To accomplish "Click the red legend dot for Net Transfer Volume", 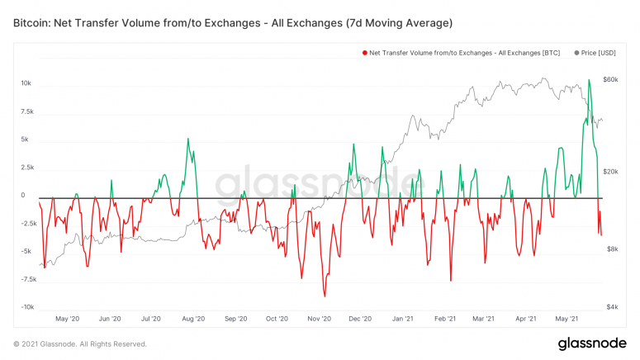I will click(x=364, y=54).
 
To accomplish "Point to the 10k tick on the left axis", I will click(x=26, y=84).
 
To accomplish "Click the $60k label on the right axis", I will click(x=611, y=80).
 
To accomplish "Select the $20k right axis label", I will click(x=611, y=172).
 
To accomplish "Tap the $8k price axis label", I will click(x=611, y=249).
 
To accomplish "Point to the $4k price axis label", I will click(x=611, y=307).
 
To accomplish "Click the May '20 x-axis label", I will click(x=67, y=318).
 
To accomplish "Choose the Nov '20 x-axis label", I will click(x=319, y=318).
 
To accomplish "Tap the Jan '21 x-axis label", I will click(x=403, y=318).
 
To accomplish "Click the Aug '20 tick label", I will click(x=193, y=318).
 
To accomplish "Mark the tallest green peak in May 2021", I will click(x=589, y=80).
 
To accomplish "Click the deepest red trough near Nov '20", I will click(x=325, y=296).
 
